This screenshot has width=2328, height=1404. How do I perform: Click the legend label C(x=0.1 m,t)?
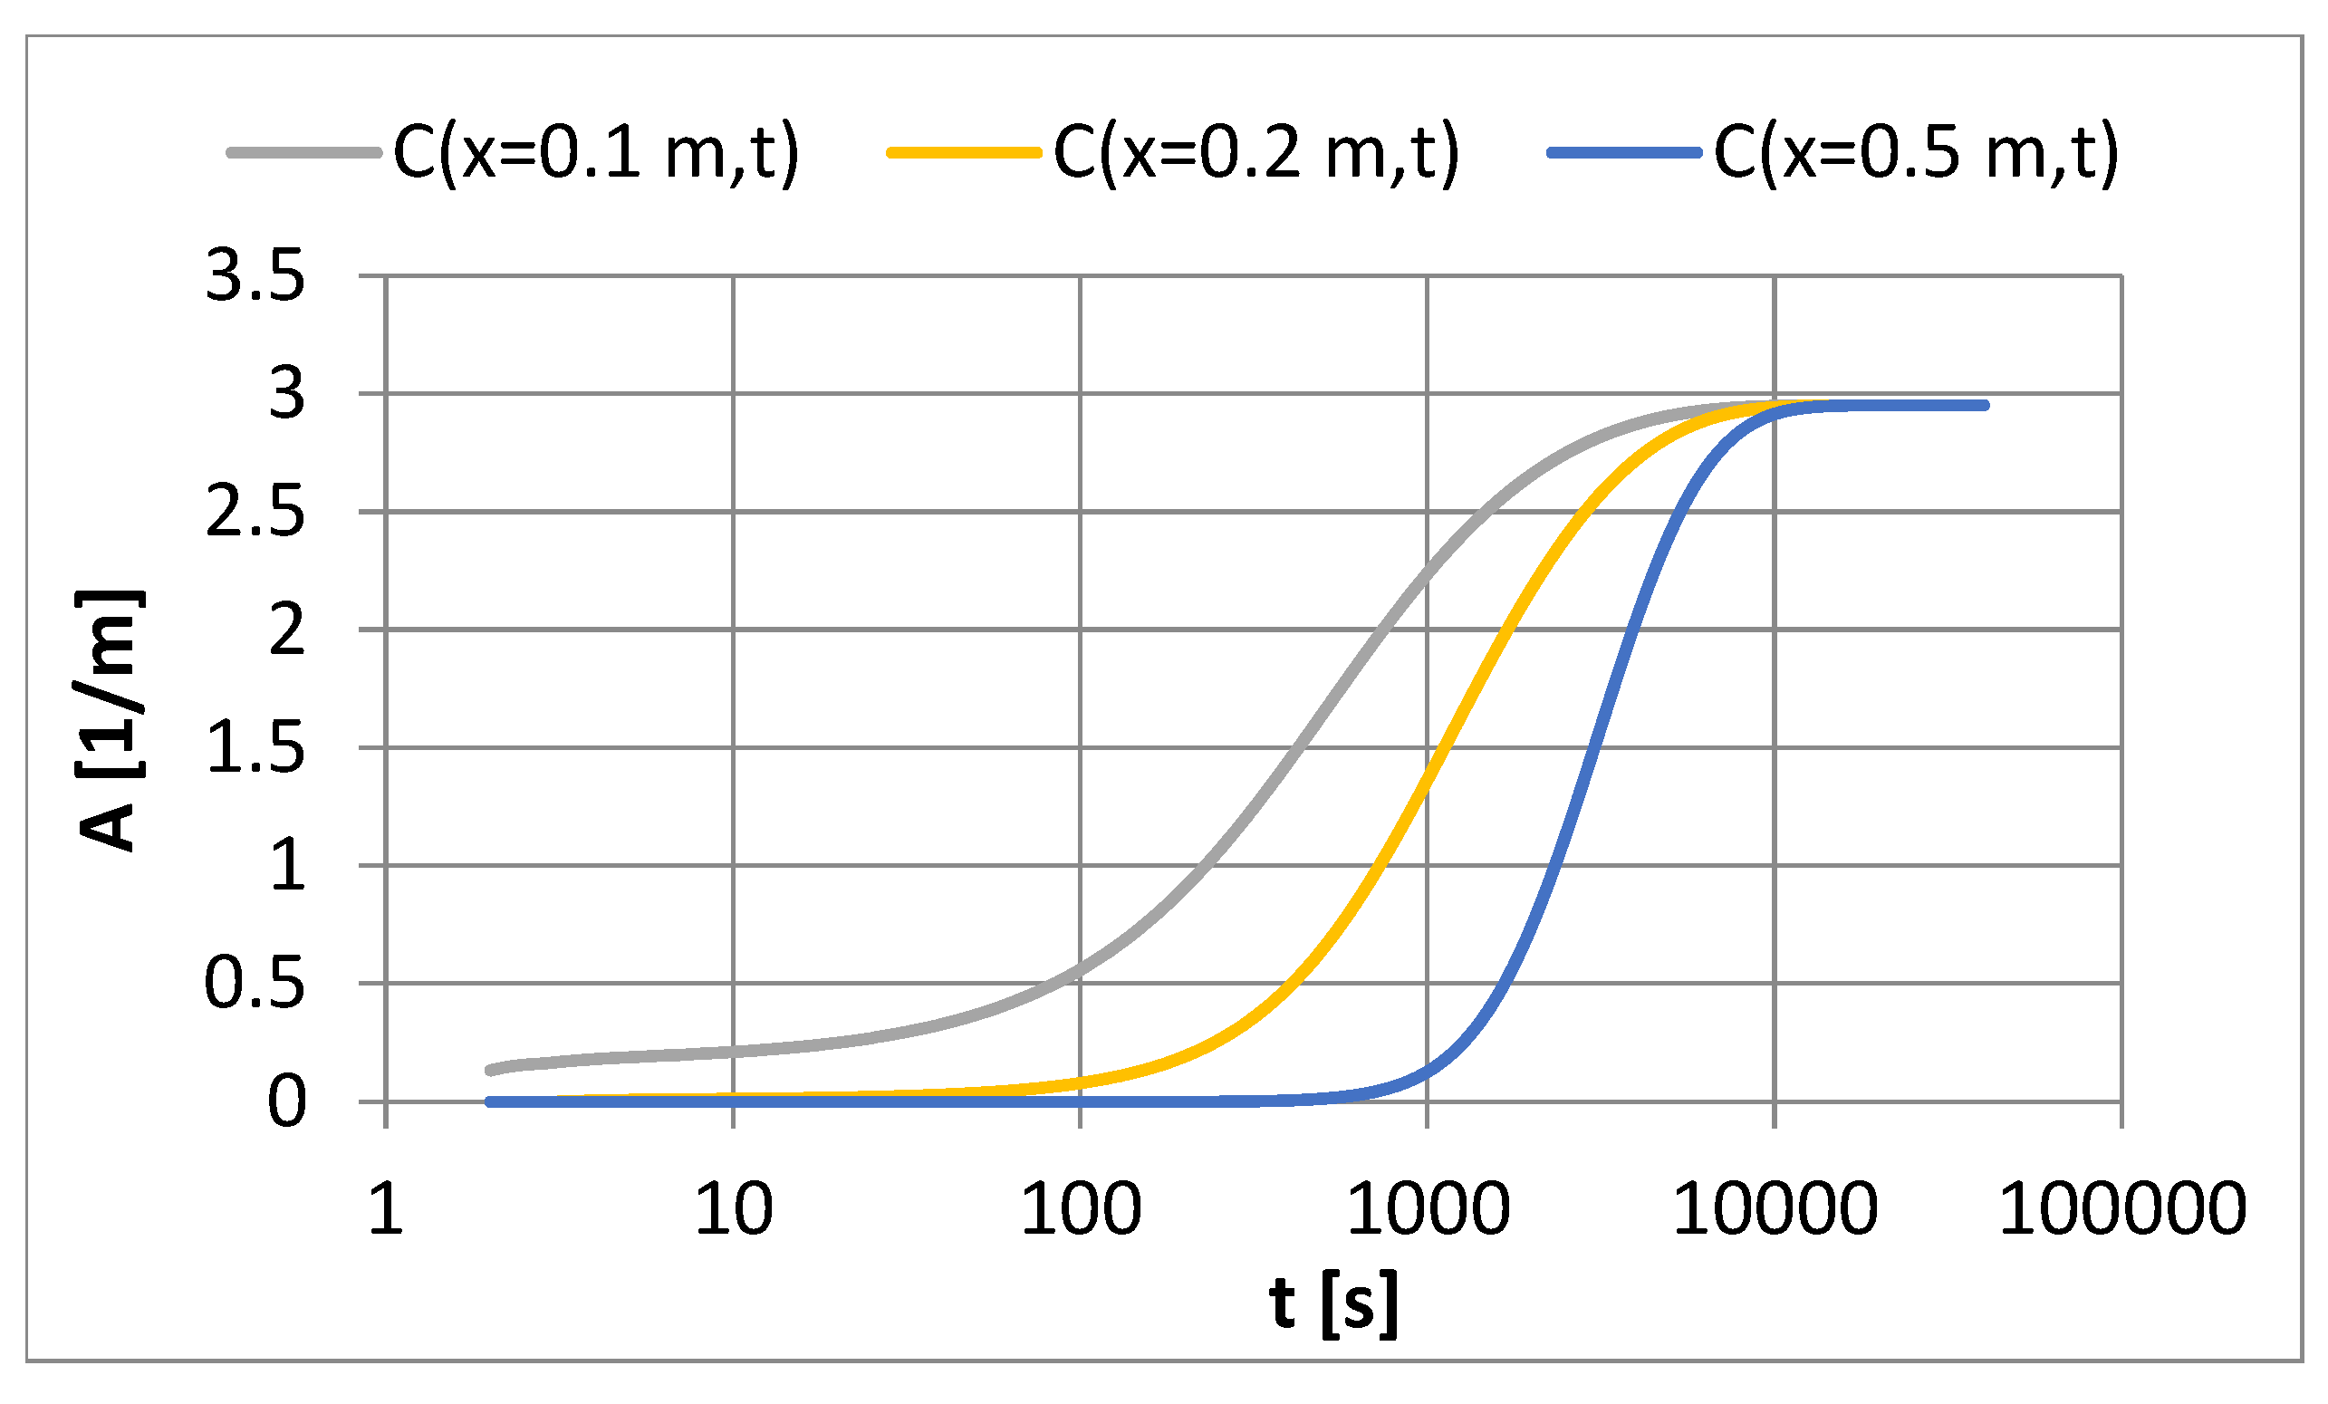[x=596, y=153]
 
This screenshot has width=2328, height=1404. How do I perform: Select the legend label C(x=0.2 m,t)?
[x=1256, y=153]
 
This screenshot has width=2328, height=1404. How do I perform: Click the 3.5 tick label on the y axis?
[x=255, y=278]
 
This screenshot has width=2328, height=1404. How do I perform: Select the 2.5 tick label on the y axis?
[x=255, y=514]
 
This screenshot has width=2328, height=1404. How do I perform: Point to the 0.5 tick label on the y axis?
[x=255, y=985]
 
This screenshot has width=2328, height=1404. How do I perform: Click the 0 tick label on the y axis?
[x=287, y=1102]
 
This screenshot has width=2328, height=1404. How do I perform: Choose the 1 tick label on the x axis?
[x=386, y=1209]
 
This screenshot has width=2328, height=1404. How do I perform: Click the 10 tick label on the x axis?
[x=733, y=1209]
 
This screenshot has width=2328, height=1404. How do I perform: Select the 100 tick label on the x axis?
[x=1081, y=1209]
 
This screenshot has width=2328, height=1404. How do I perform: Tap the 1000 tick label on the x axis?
[x=1428, y=1209]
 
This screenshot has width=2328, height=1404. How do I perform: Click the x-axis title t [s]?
[x=1333, y=1304]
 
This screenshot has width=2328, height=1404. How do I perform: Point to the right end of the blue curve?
[x=1986, y=405]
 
